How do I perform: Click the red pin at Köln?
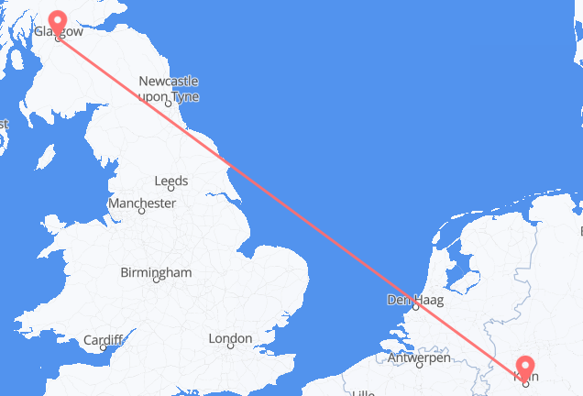[x=526, y=368]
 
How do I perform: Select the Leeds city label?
[x=171, y=181]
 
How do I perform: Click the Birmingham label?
[x=156, y=272]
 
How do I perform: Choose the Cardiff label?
[x=103, y=340]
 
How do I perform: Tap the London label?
[x=230, y=339]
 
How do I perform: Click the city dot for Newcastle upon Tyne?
[x=168, y=104]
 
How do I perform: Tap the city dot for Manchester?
[x=141, y=211]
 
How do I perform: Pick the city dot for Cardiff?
[x=104, y=348]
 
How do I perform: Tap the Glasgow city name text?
[x=58, y=31]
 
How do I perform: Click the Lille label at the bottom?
[x=367, y=391]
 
